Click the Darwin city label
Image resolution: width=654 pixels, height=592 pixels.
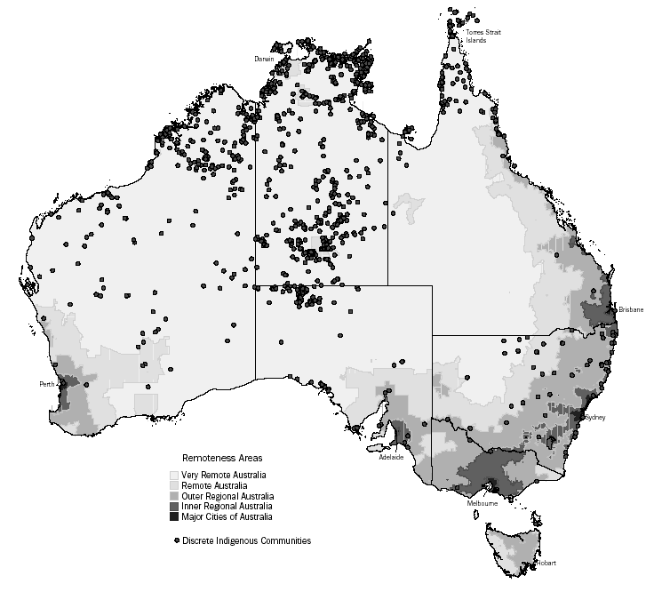(264, 59)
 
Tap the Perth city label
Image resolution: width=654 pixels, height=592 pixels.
(48, 384)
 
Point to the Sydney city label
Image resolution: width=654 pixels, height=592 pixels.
(594, 416)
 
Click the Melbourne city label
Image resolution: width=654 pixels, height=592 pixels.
(482, 503)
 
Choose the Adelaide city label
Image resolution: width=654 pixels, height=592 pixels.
(391, 457)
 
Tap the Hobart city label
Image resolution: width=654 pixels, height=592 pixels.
(547, 563)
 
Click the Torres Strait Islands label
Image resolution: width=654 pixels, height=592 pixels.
(486, 36)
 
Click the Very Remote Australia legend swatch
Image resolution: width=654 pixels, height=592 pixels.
(174, 476)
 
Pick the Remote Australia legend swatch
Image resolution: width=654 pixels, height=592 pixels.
(174, 485)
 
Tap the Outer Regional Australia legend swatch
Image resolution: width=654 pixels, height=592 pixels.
(174, 496)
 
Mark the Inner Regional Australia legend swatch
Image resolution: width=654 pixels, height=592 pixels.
(174, 506)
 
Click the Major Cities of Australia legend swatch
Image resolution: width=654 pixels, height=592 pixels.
(174, 516)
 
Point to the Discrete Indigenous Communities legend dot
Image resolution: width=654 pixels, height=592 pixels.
(176, 540)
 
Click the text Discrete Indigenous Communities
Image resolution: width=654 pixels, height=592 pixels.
(246, 540)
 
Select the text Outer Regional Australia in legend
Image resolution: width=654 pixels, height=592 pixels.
(227, 496)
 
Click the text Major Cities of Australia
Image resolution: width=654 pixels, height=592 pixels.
(226, 516)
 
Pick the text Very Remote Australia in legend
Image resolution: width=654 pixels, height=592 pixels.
(223, 476)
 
